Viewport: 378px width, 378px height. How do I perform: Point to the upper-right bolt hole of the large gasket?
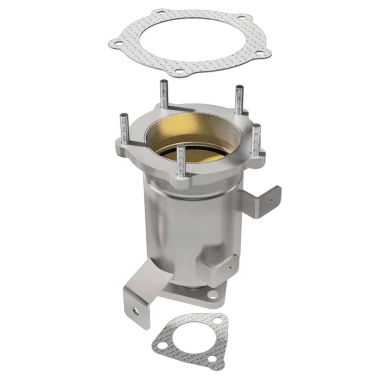(x=242, y=18)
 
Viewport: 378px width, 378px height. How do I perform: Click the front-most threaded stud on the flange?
(x=180, y=161)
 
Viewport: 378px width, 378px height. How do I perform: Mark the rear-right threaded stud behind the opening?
(x=239, y=100)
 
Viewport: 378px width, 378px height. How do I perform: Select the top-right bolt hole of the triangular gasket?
(x=217, y=321)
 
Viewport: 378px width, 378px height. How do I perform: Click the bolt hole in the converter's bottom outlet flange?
(x=213, y=294)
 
